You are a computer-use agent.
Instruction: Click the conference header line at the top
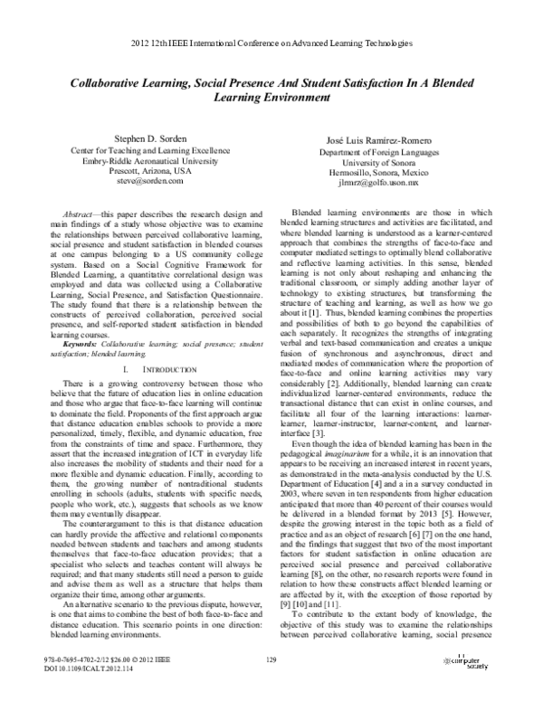[x=271, y=43]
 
